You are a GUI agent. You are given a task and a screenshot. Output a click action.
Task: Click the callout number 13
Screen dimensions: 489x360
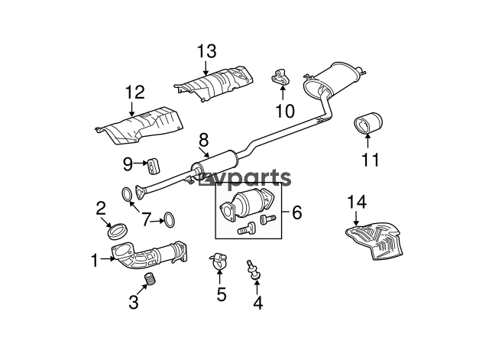(207, 51)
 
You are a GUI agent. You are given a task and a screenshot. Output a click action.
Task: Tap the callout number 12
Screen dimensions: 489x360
(135, 92)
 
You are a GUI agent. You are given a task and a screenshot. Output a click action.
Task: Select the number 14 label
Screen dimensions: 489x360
(357, 202)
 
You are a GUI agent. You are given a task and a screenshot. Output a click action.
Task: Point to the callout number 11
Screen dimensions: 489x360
(370, 159)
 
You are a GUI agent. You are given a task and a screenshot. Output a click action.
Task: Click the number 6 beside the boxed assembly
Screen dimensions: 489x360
(296, 212)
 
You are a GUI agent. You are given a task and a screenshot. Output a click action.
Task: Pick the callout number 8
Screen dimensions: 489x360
(203, 140)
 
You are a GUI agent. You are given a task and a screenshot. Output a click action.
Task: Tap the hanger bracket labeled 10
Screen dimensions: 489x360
(280, 77)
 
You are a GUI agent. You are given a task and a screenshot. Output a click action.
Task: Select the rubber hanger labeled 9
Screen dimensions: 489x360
(153, 165)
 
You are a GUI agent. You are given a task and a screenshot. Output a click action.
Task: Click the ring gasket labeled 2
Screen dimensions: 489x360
(117, 231)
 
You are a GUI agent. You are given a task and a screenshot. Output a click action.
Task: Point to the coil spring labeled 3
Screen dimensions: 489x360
(151, 278)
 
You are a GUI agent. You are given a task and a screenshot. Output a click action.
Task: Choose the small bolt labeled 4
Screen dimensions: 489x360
(253, 270)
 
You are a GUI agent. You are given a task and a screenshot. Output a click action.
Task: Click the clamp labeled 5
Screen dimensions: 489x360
(218, 262)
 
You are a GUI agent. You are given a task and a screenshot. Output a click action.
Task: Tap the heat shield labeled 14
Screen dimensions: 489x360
(376, 240)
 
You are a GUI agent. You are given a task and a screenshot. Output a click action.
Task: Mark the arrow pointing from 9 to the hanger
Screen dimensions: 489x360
(141, 163)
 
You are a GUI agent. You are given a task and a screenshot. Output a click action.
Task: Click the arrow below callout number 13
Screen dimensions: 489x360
(206, 68)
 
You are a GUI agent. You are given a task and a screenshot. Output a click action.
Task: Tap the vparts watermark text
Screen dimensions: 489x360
(244, 179)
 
